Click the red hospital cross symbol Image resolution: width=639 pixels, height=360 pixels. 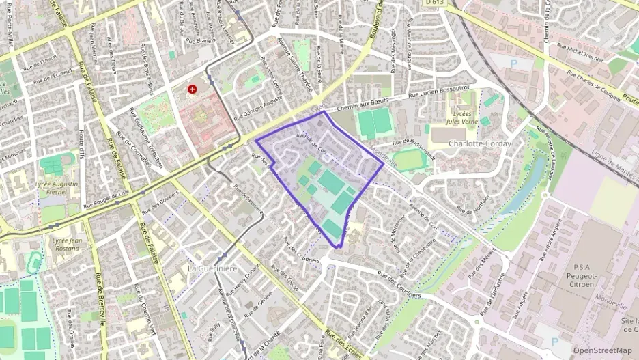coord(193,89)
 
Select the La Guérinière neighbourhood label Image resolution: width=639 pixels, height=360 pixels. coord(212,268)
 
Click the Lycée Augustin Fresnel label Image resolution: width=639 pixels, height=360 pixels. coord(57,188)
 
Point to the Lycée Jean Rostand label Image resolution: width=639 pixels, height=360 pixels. coord(66,244)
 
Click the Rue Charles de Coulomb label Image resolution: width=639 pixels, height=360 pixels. coord(588,89)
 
